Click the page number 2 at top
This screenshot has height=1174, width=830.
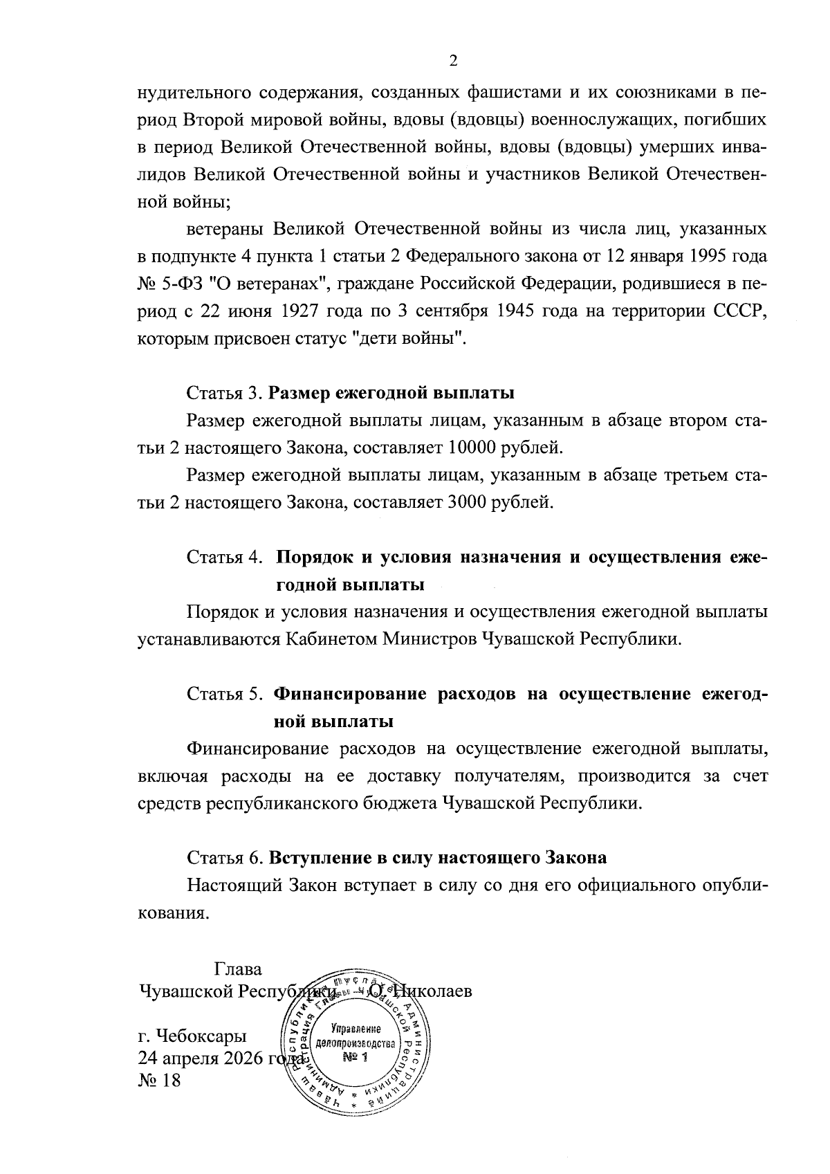454,61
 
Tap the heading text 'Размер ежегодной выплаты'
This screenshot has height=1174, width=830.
391,394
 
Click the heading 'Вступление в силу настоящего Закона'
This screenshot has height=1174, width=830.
438,858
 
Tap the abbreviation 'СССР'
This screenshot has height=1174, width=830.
740,312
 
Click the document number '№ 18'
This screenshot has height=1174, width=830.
160,1080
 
